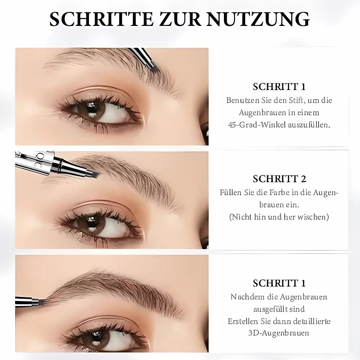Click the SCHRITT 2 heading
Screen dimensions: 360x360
(279, 179)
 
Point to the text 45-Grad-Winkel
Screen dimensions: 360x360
(254, 125)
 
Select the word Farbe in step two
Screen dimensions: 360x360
(279, 192)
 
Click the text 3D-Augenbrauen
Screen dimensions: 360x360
(279, 333)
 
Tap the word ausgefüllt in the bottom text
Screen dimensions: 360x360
(270, 309)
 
